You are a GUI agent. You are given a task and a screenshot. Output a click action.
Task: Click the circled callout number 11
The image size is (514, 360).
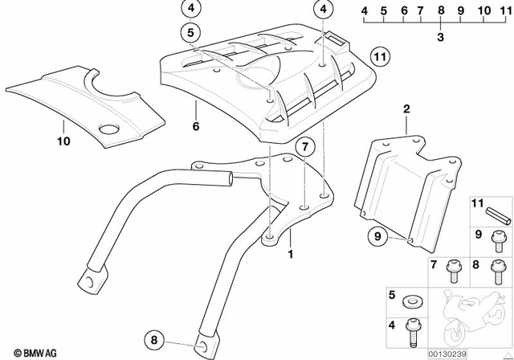[x=379, y=57]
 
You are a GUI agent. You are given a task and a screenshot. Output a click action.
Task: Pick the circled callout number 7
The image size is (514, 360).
[x=303, y=147]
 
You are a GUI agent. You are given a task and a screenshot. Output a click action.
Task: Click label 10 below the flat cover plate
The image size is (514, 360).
[x=63, y=141]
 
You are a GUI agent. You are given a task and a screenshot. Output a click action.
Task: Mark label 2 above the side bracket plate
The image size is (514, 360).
[x=406, y=108]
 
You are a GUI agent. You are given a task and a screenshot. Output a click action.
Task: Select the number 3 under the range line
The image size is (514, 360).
[x=440, y=37]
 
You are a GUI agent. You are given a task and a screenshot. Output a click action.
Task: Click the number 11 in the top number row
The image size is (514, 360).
[x=505, y=10]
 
